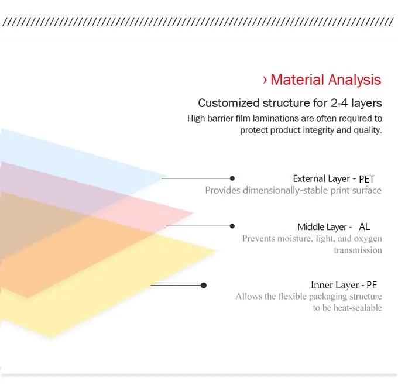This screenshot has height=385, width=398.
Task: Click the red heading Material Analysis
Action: [325, 80]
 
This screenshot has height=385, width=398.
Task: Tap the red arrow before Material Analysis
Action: [265, 80]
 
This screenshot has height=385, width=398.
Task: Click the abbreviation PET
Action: [366, 179]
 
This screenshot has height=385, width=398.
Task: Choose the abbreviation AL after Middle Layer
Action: [364, 226]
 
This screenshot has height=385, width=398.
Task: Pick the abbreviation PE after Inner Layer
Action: [372, 286]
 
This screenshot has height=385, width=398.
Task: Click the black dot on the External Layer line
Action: [232, 178]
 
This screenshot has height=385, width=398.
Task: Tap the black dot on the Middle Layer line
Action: [232, 226]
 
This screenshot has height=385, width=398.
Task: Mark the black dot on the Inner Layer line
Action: [204, 286]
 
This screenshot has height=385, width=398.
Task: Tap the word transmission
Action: [358, 250]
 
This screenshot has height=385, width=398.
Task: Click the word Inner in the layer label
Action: [322, 285]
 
